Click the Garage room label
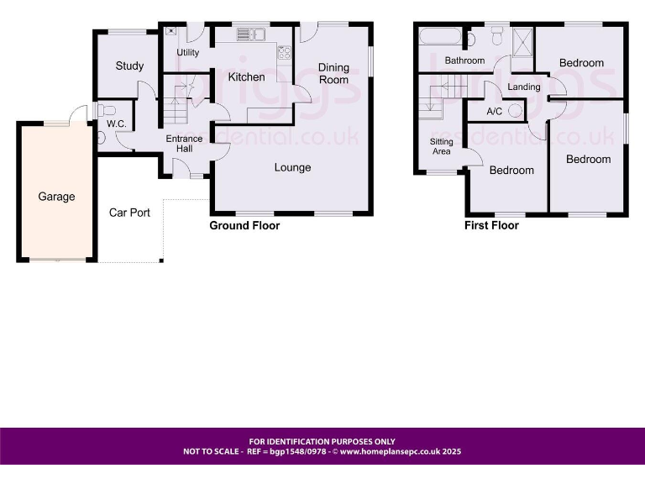pos(56,197)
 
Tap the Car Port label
pos(129,213)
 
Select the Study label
pos(129,66)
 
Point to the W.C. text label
pos(116,124)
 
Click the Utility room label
pos(188,53)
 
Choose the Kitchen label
pos(246,76)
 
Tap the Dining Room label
pos(333,74)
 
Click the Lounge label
pos(292,167)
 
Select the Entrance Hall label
pos(184,144)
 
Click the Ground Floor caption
pos(244,225)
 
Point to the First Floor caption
pos(491,225)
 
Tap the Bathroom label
pos(464,60)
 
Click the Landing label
pos(524,87)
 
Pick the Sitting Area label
pos(441,146)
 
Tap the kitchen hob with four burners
pos(284,52)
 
